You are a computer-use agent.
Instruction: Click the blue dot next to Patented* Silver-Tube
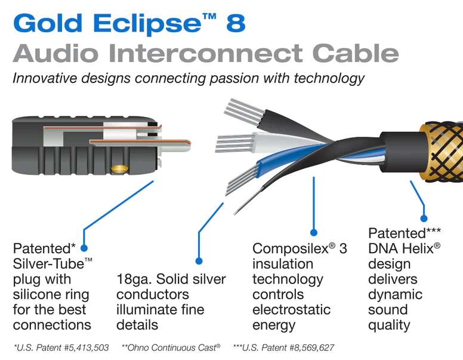point(84,247)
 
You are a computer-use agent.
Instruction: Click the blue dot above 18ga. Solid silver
point(199,261)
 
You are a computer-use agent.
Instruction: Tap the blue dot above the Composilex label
point(314,232)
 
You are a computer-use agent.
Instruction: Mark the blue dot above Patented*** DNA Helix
point(424,218)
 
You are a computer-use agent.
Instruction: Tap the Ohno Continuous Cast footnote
point(173,347)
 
